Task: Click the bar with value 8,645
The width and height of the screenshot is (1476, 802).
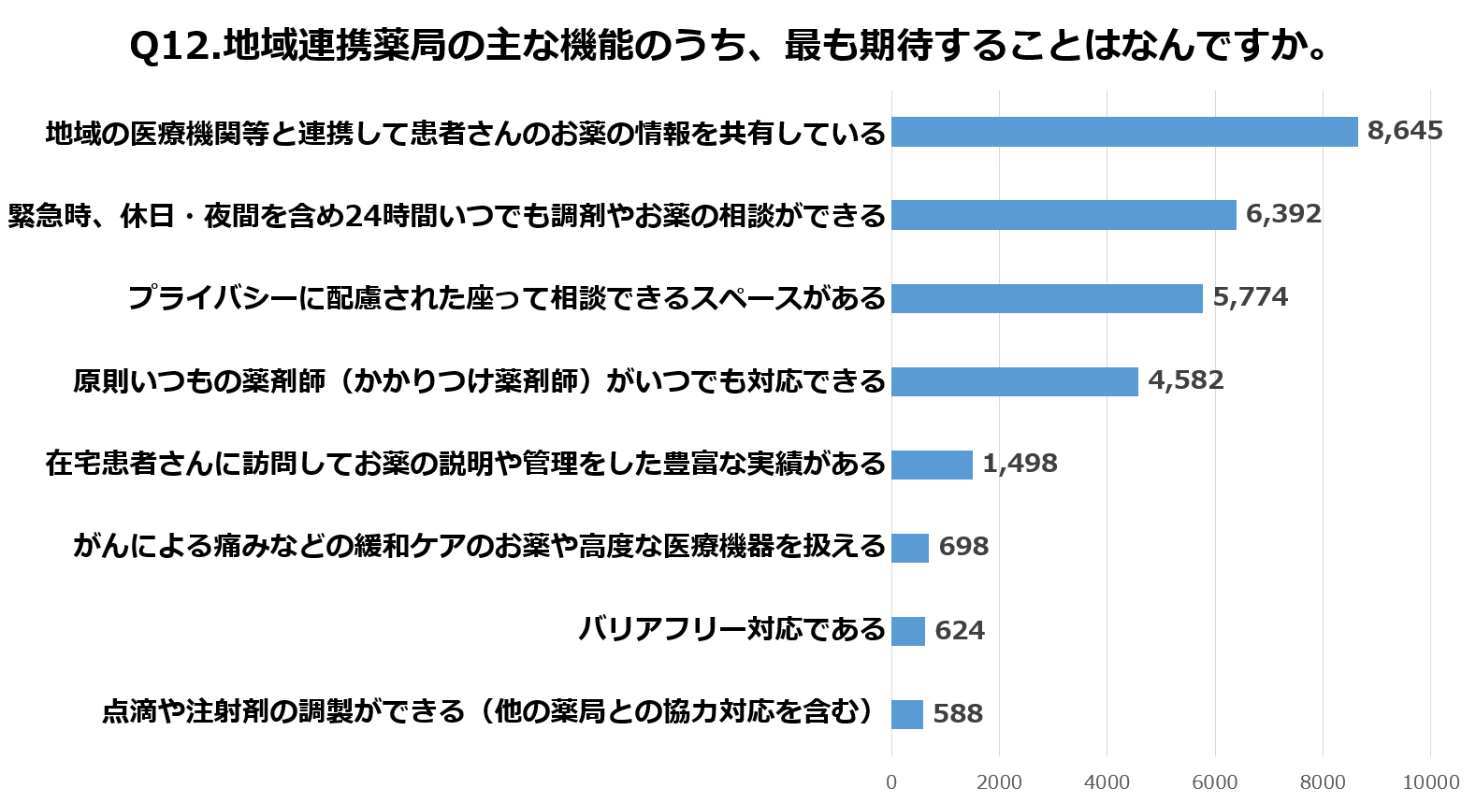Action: (x=1124, y=132)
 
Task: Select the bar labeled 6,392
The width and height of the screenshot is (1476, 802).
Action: (x=1064, y=215)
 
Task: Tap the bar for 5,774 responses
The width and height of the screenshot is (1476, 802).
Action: (x=1047, y=298)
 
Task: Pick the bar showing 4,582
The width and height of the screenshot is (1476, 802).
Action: (x=1015, y=381)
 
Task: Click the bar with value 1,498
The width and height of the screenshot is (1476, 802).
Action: (x=932, y=465)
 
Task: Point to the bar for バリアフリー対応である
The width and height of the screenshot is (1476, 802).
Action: (x=908, y=631)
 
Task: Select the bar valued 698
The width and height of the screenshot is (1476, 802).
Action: (x=910, y=548)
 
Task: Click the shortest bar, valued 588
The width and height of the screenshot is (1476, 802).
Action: (x=907, y=714)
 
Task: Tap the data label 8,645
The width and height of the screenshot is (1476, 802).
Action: (x=1405, y=131)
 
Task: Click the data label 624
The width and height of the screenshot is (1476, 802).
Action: (x=960, y=631)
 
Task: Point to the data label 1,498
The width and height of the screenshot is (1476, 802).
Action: (x=1020, y=464)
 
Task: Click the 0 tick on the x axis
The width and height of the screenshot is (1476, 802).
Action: (x=891, y=782)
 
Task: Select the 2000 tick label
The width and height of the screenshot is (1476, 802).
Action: (x=999, y=782)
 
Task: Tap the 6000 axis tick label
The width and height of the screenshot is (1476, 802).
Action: (x=1215, y=782)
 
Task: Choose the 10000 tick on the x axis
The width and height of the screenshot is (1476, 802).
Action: (x=1430, y=782)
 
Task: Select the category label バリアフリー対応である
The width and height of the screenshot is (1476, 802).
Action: (x=731, y=629)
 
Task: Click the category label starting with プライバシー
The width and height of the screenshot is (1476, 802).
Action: (x=506, y=298)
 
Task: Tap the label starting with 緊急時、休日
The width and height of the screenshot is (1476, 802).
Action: (x=446, y=216)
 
